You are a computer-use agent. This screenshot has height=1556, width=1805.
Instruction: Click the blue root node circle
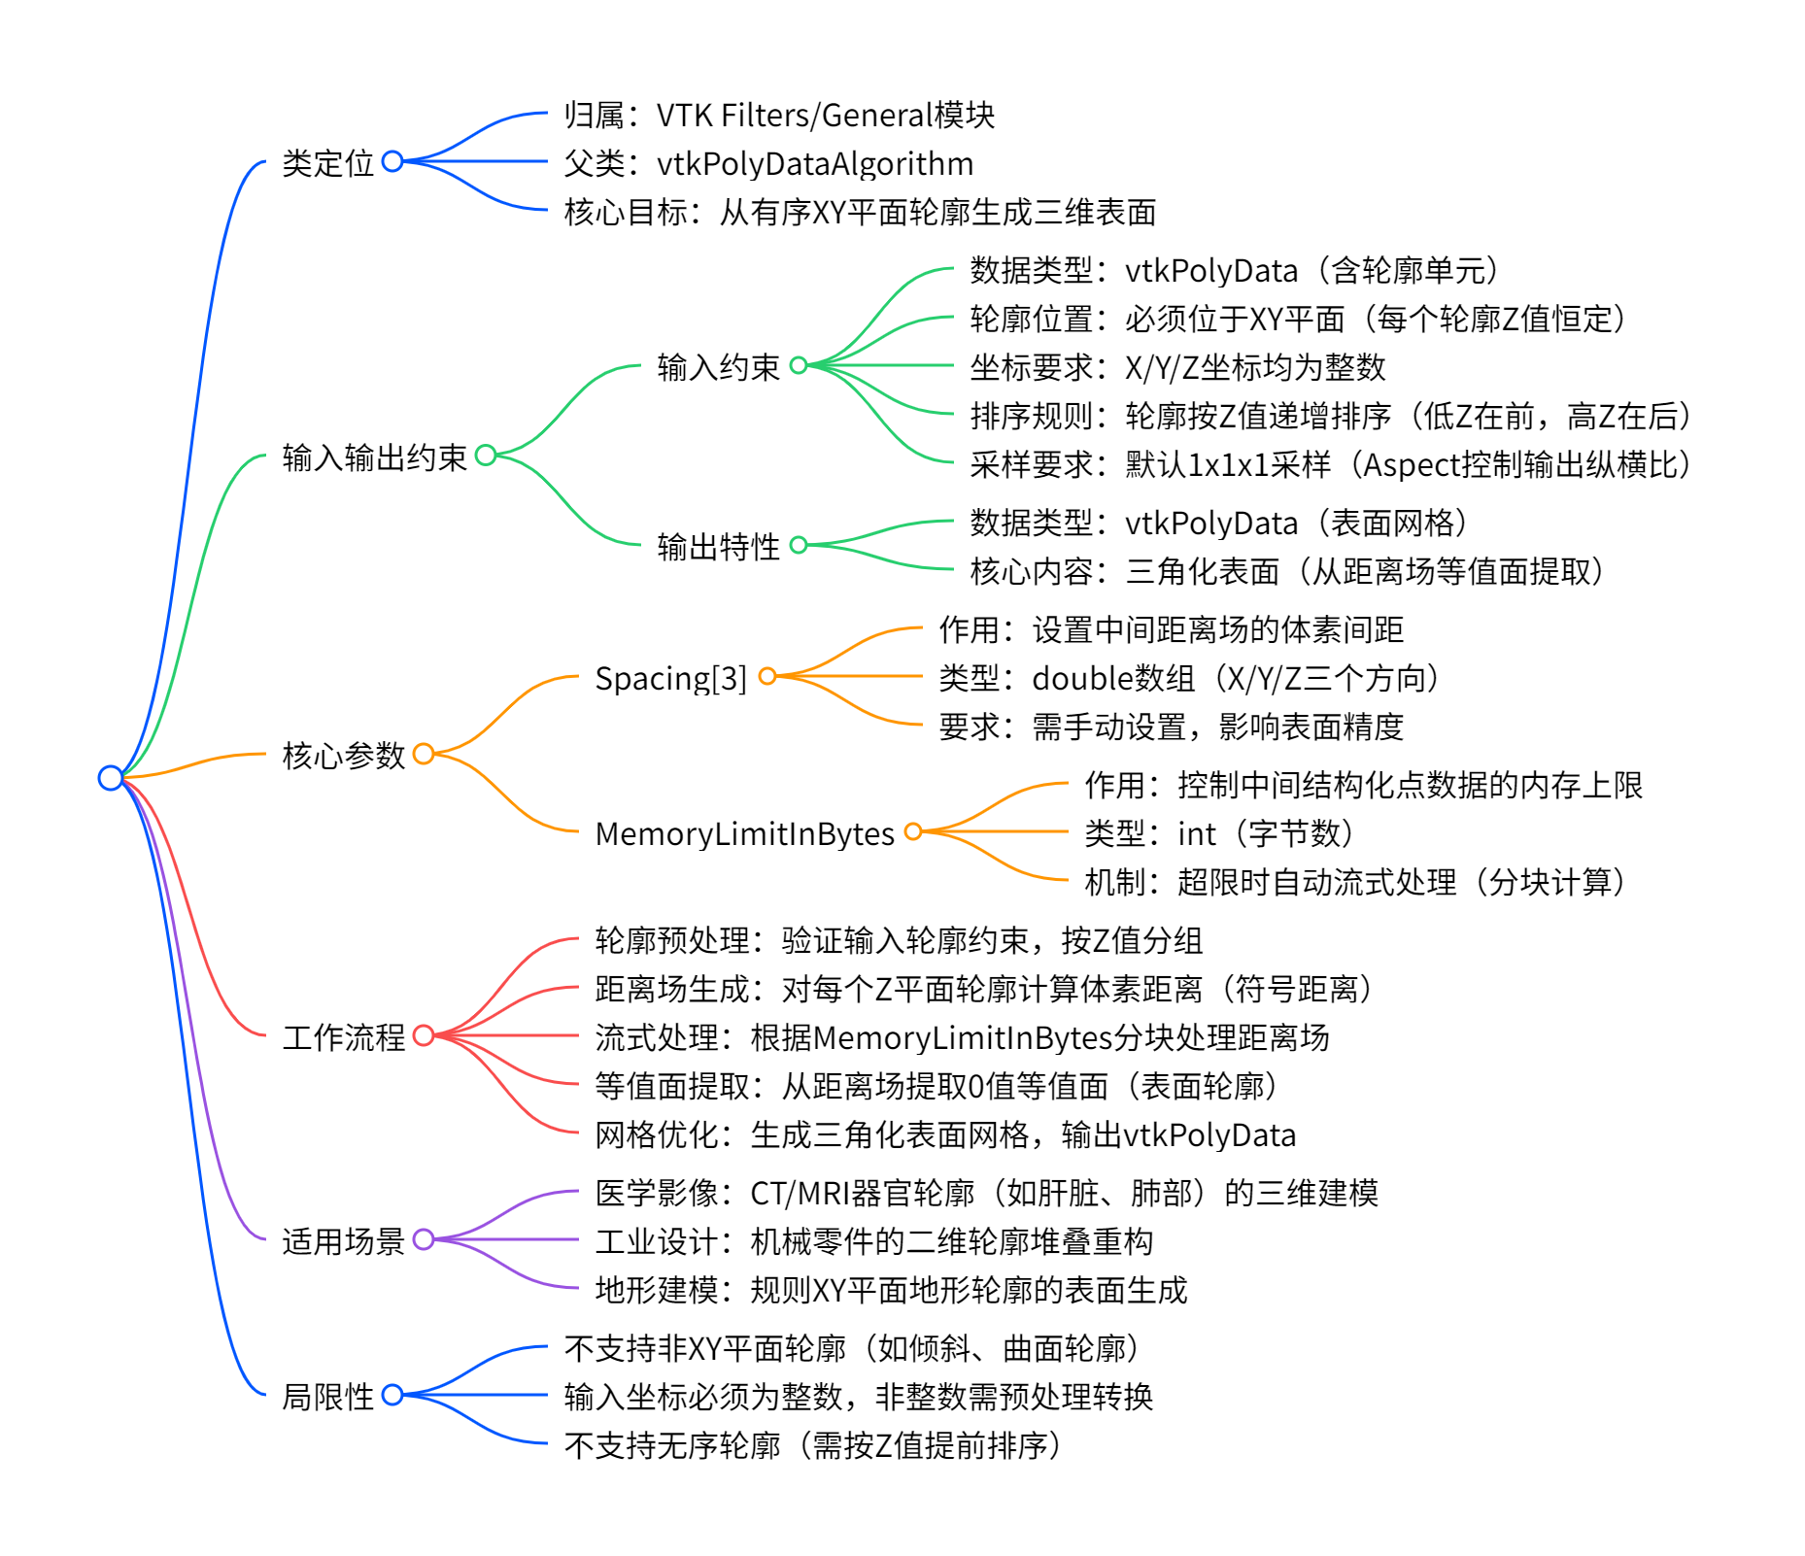[x=111, y=778]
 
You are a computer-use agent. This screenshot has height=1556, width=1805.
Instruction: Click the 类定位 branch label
[x=327, y=163]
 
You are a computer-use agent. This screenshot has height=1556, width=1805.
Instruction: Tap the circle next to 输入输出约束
[x=486, y=455]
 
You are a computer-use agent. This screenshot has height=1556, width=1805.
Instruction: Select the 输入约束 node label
[x=718, y=367]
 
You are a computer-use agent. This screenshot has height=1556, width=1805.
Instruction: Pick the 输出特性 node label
[x=718, y=547]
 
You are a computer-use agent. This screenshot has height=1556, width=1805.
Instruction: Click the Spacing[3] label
[x=670, y=678]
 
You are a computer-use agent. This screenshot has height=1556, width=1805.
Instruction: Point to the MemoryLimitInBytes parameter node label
[x=744, y=833]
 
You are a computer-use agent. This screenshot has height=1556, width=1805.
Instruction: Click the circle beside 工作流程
[x=424, y=1035]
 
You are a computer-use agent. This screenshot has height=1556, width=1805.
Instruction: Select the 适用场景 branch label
[x=343, y=1241]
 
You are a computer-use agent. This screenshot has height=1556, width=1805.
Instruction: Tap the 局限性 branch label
[x=327, y=1397]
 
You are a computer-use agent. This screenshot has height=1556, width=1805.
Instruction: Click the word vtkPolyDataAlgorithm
[x=815, y=163]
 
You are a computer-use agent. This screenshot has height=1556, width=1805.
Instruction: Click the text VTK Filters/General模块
[x=826, y=115]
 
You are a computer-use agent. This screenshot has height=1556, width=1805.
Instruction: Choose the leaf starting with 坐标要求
[x=1177, y=367]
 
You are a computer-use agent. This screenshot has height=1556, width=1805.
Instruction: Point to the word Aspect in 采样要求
[x=1409, y=464]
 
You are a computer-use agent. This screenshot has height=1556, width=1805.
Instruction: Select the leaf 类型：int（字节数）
[x=1218, y=833]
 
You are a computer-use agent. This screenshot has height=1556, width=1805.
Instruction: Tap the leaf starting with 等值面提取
[x=936, y=1086]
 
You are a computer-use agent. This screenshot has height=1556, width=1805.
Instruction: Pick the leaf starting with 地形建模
[x=891, y=1290]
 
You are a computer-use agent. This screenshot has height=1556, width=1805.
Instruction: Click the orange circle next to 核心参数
[x=424, y=754]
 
